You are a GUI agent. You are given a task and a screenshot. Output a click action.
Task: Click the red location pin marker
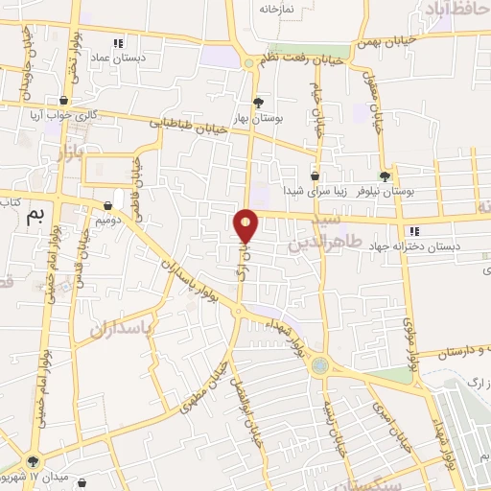pyautogui.click(x=247, y=226)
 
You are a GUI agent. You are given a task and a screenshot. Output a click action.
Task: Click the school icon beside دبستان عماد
pyautogui.click(x=119, y=43)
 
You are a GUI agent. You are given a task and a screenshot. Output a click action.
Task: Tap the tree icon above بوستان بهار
pyautogui.click(x=257, y=102)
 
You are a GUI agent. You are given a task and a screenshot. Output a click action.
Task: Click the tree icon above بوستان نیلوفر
pyautogui.click(x=386, y=175)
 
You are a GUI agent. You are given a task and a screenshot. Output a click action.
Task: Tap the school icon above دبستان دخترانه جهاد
pyautogui.click(x=414, y=231)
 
